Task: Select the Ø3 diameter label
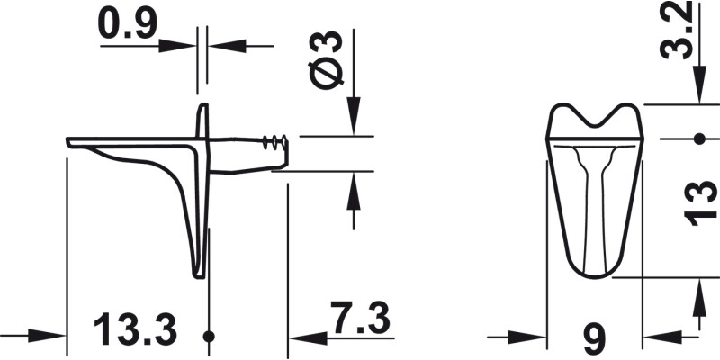pyautogui.click(x=328, y=59)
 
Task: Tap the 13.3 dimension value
pyautogui.click(x=135, y=330)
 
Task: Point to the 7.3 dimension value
pyautogui.click(x=358, y=319)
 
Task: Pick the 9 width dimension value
pyautogui.click(x=594, y=337)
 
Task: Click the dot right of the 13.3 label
pyautogui.click(x=209, y=337)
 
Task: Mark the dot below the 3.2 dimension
pyautogui.click(x=698, y=139)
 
